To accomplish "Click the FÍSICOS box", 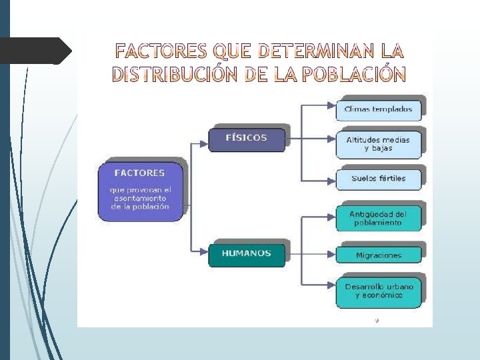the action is coord(247,138).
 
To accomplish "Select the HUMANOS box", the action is coord(246,253).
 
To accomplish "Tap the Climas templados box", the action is coord(379,109).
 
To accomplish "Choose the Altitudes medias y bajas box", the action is coord(379,144).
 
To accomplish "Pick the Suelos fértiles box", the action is coord(379,179).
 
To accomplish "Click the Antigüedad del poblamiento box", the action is coord(378,219).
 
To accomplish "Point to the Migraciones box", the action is coord(379,255).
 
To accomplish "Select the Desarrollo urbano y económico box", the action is coord(379,291).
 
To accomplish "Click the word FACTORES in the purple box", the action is coord(140,173).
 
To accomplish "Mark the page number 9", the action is coord(377,321).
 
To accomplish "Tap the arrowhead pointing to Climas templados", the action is coord(331,105).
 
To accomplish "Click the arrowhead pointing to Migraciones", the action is coord(331,253).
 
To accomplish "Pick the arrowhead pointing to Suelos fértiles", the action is coord(331,180).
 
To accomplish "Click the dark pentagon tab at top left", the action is coord(36,51).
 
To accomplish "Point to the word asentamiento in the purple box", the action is coord(140,198).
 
